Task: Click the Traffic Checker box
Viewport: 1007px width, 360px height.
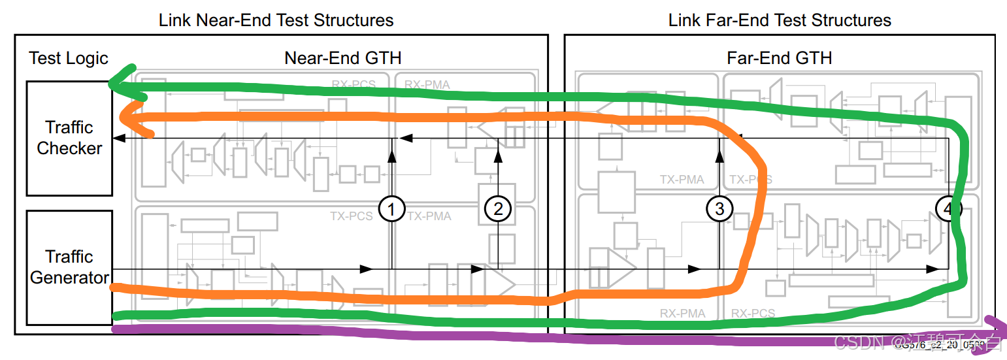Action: point(69,138)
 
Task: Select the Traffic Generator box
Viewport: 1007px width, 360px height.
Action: point(69,267)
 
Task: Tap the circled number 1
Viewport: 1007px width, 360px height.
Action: point(391,209)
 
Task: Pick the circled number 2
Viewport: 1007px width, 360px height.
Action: point(498,209)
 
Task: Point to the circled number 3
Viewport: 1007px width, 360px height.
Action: point(719,209)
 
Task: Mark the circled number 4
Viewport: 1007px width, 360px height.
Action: point(948,209)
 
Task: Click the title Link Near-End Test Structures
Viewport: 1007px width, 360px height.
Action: point(276,20)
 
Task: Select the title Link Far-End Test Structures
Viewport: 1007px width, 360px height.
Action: point(779,20)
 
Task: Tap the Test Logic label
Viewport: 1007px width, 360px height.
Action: point(69,58)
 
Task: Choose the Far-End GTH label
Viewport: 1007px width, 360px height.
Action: point(779,58)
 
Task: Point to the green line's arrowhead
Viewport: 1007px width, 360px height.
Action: point(118,81)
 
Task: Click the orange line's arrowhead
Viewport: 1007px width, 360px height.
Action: point(127,118)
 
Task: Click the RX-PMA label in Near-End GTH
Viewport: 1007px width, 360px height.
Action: point(427,84)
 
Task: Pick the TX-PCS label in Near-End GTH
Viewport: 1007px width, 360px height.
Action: point(351,216)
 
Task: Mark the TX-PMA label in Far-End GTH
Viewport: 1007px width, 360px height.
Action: point(682,179)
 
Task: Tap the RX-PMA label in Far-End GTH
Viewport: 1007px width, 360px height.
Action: point(683,314)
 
